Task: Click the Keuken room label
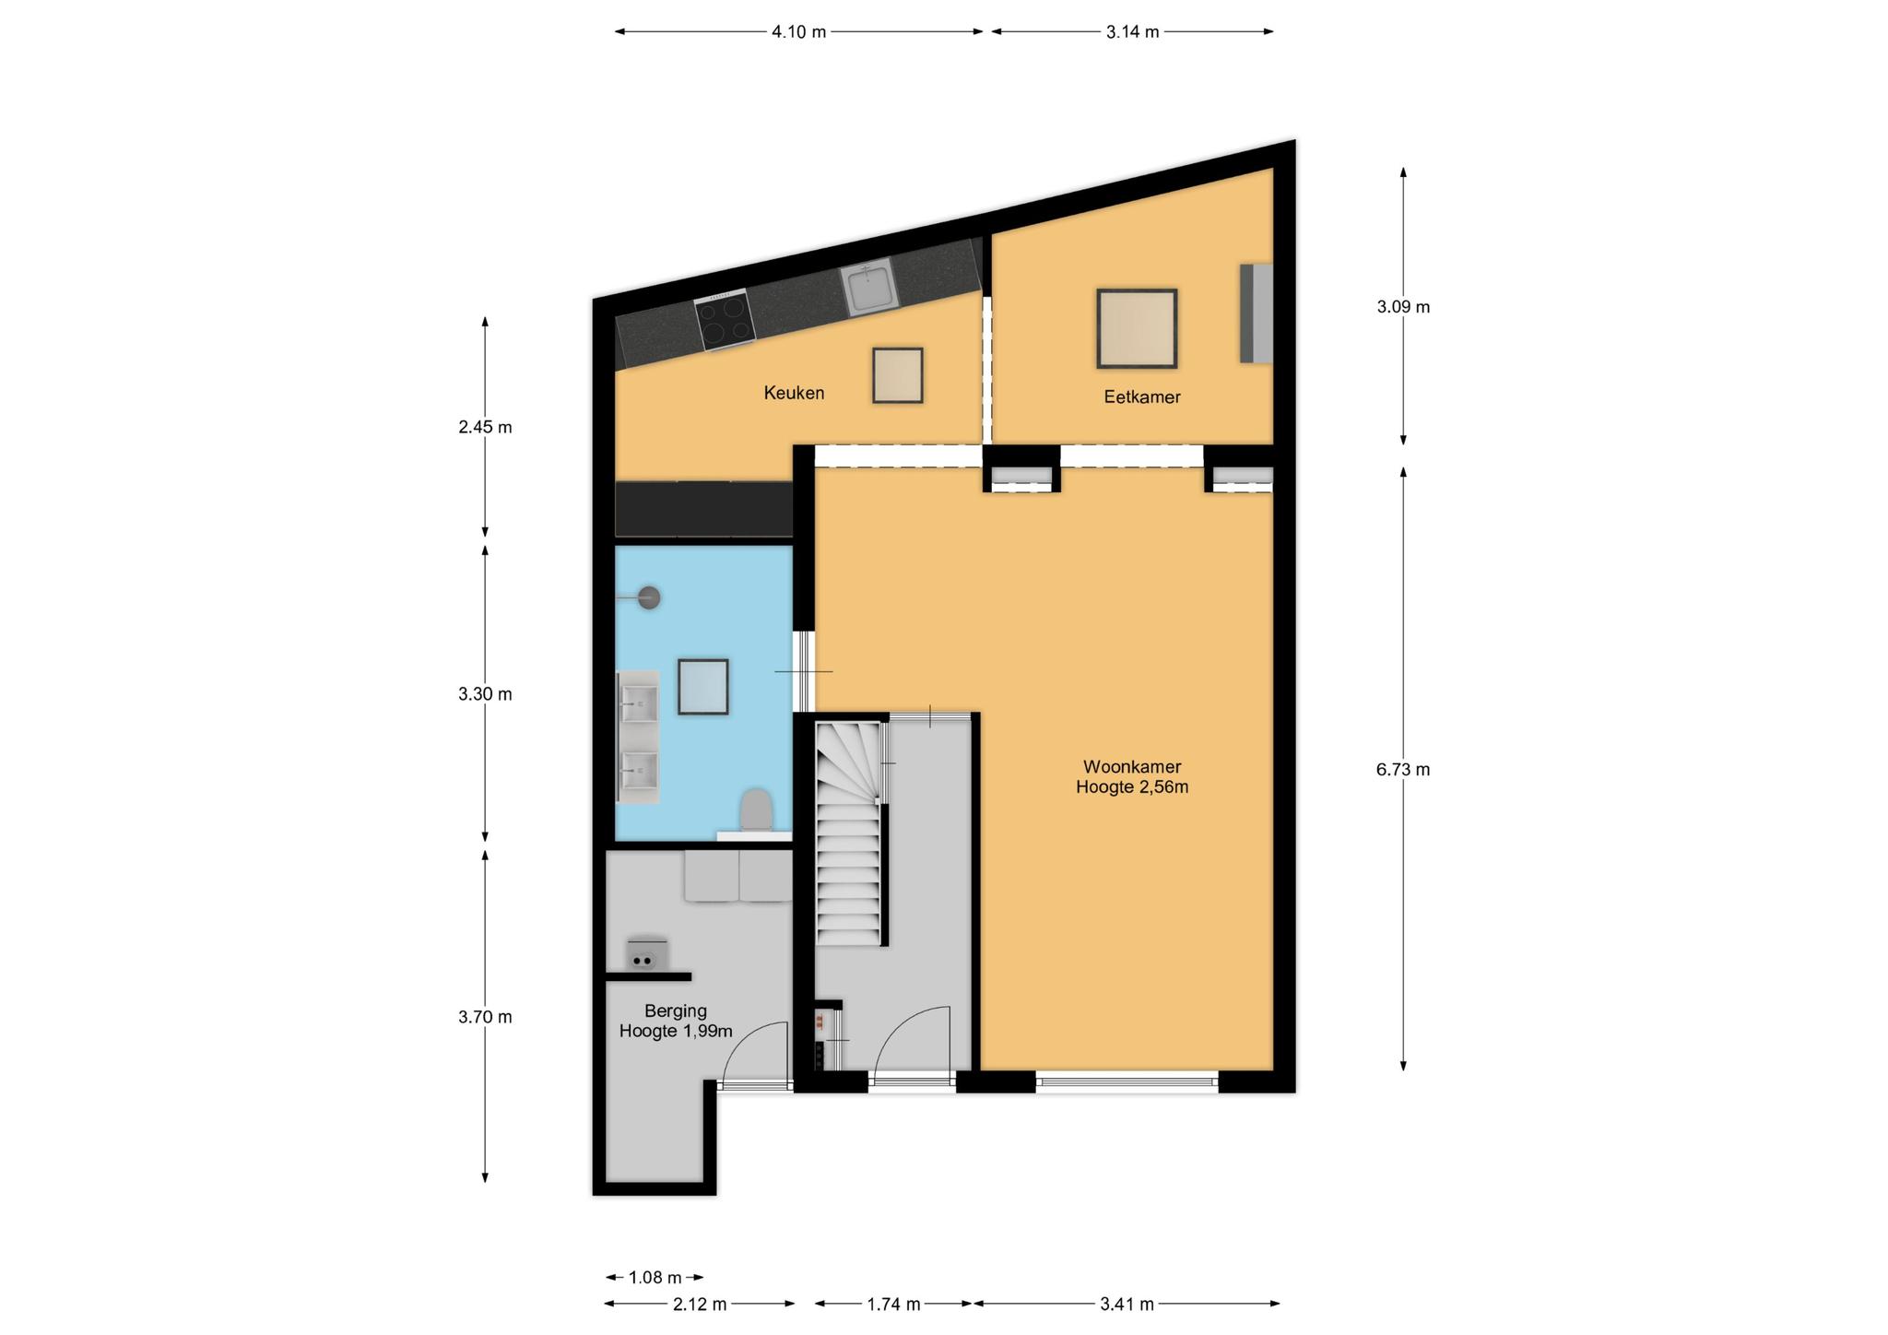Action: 794,393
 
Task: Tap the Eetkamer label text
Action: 1142,397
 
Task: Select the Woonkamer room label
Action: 1132,767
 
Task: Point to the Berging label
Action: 676,1011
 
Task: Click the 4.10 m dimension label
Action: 798,32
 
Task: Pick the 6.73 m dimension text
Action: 1403,770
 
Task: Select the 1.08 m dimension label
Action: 655,1278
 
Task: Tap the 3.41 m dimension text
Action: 1127,1305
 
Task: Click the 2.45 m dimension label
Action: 485,428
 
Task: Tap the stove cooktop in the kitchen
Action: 725,320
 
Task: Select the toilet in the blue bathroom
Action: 756,811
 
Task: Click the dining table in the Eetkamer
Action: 1137,328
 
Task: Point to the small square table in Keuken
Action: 898,375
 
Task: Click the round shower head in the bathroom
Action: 650,597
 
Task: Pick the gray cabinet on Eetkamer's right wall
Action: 1257,313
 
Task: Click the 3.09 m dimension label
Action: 1403,307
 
